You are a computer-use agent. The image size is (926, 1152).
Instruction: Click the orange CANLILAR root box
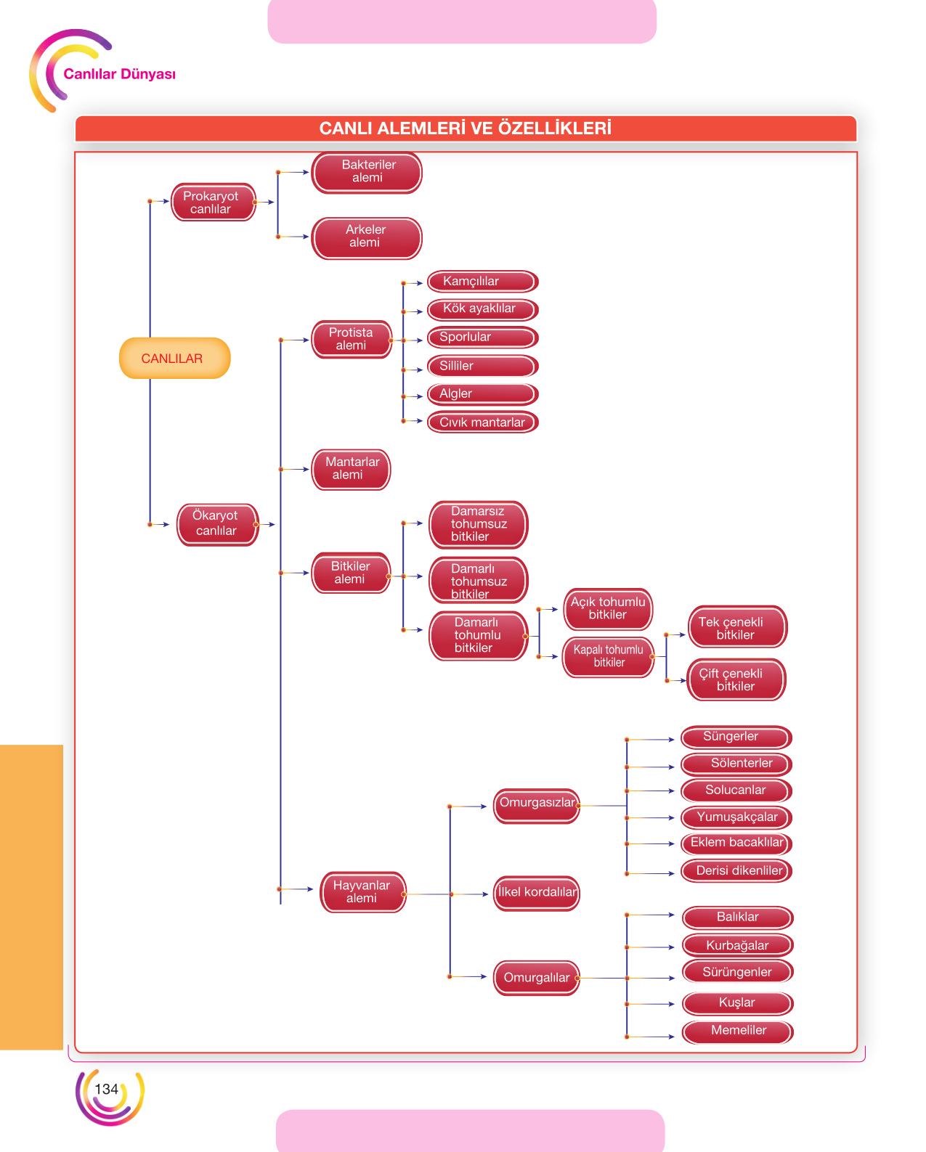[x=174, y=358]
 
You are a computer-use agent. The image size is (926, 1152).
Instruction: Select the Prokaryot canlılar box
[x=213, y=203]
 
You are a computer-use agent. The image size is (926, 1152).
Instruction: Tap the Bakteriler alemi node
[x=366, y=172]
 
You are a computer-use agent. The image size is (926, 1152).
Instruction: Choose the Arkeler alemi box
[x=366, y=237]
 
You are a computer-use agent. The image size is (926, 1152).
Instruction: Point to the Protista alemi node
[x=352, y=340]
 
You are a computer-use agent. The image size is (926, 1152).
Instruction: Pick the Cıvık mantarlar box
[x=482, y=422]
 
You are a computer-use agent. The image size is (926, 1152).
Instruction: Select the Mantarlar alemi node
[x=351, y=470]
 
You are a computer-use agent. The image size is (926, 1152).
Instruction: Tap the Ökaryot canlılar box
[x=217, y=524]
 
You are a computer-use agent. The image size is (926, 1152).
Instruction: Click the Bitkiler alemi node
[x=351, y=573]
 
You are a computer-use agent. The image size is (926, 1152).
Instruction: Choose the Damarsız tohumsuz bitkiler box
[x=479, y=525]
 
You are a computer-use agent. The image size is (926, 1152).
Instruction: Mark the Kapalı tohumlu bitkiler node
[x=608, y=657]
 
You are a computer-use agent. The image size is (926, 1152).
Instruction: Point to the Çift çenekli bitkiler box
[x=736, y=679]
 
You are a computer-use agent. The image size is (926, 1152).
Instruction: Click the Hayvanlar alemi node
[x=363, y=892]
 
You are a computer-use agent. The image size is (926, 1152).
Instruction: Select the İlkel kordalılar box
[x=536, y=893]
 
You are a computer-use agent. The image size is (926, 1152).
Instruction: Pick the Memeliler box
[x=737, y=1032]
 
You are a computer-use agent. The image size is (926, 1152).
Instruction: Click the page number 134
[x=106, y=1090]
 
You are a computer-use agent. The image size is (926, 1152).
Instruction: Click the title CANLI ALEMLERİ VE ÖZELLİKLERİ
[x=465, y=128]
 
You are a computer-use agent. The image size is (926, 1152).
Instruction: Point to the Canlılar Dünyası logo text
[x=119, y=74]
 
